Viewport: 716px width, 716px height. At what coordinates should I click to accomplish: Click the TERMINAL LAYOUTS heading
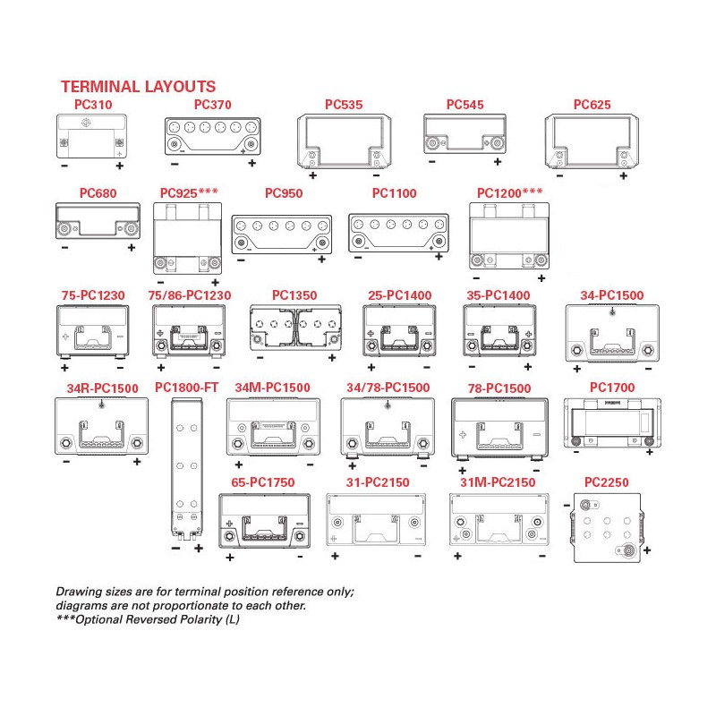click(138, 87)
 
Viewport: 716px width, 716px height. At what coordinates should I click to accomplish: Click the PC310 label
click(93, 105)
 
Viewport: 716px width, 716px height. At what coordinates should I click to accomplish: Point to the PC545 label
click(465, 105)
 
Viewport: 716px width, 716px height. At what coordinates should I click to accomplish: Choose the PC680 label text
click(98, 192)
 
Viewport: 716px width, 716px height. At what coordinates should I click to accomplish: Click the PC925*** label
click(190, 192)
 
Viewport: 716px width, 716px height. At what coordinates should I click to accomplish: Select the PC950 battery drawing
click(281, 234)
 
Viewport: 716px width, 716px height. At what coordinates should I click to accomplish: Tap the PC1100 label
click(394, 192)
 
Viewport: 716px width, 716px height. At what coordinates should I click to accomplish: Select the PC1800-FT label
click(187, 387)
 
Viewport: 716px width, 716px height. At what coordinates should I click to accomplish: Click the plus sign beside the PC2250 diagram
click(646, 550)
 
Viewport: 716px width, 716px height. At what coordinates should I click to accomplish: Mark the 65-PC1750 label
click(262, 482)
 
